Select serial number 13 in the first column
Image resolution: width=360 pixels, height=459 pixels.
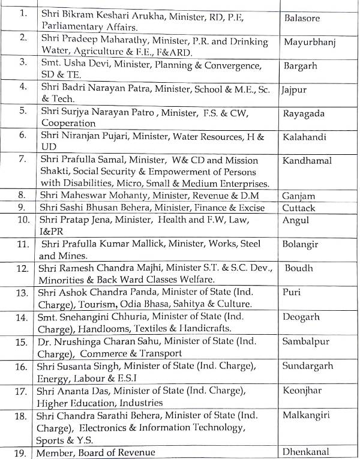pyautogui.click(x=22, y=293)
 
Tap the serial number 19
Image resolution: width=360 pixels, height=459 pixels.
pyautogui.click(x=22, y=452)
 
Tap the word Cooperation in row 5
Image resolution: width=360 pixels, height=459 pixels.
pyautogui.click(x=69, y=122)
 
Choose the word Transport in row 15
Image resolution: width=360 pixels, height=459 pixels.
pyautogui.click(x=156, y=353)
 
